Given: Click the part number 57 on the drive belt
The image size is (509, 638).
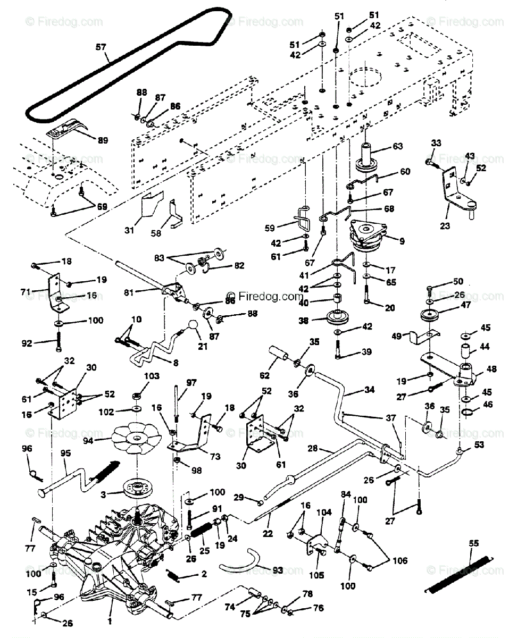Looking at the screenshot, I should [101, 47].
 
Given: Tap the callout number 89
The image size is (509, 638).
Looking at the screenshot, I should [103, 140].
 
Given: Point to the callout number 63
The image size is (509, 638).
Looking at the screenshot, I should [398, 146].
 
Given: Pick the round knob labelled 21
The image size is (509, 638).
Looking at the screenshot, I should [195, 325].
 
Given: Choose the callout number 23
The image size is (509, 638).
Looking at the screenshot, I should [445, 225].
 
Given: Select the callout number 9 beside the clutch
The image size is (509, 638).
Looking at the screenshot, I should [402, 241].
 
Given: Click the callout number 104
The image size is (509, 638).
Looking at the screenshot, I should [323, 513].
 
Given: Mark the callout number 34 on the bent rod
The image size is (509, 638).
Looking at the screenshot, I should [369, 390].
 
